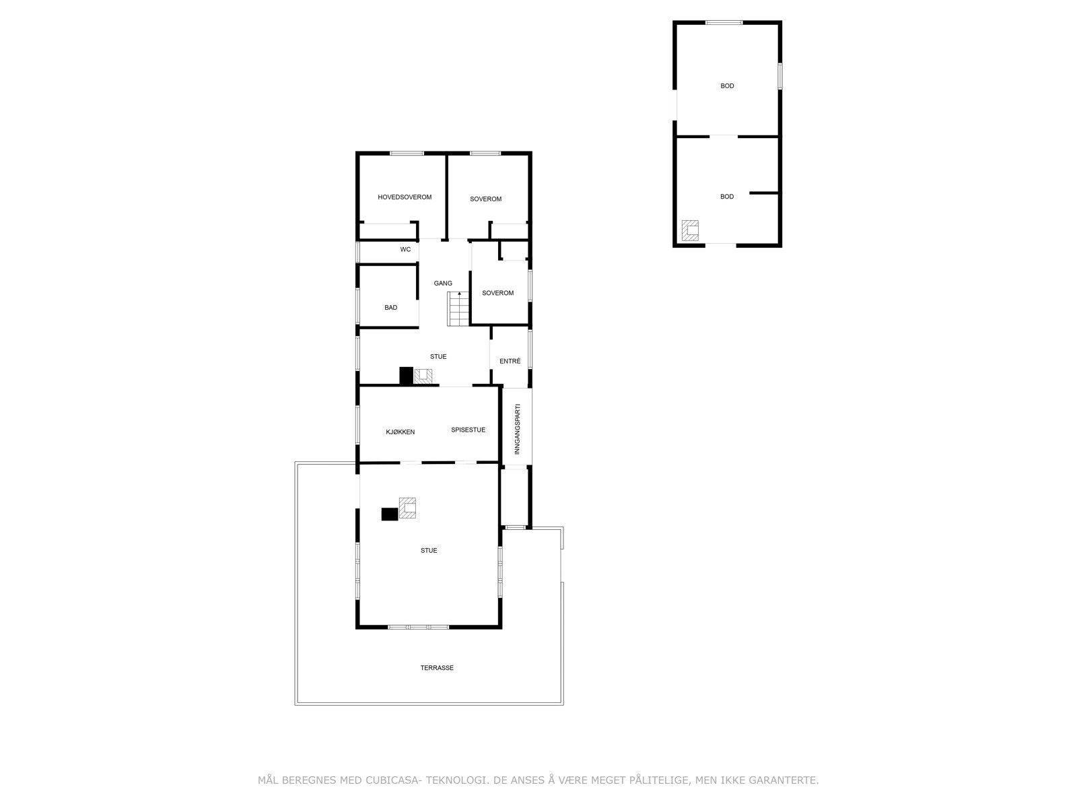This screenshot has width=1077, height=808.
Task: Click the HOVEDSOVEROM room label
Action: pos(405,197)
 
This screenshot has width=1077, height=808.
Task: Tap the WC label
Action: pos(405,250)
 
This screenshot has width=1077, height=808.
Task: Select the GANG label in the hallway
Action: pos(443,283)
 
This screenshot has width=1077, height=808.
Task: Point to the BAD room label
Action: pos(391,308)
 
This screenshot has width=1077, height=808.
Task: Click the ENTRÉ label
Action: pos(510,362)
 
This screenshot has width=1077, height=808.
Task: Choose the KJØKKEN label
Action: pos(401,432)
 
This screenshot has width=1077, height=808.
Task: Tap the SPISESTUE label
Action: pos(468,430)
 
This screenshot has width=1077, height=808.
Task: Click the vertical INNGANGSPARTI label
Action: pos(518,429)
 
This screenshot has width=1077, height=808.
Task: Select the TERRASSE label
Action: pos(437,668)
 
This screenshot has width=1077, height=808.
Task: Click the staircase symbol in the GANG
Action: pos(458,309)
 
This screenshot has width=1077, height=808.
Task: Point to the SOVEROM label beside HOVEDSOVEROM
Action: pos(486,199)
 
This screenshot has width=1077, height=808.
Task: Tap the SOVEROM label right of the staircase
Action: pos(498,293)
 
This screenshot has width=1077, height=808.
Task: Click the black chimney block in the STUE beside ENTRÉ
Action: pos(406,375)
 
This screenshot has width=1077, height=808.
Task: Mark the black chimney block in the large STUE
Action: pos(390,514)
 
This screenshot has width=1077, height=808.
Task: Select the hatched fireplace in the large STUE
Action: pos(408,508)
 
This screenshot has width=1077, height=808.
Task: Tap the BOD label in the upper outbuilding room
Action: pos(727,86)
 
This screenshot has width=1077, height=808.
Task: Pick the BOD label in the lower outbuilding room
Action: pos(727,197)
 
